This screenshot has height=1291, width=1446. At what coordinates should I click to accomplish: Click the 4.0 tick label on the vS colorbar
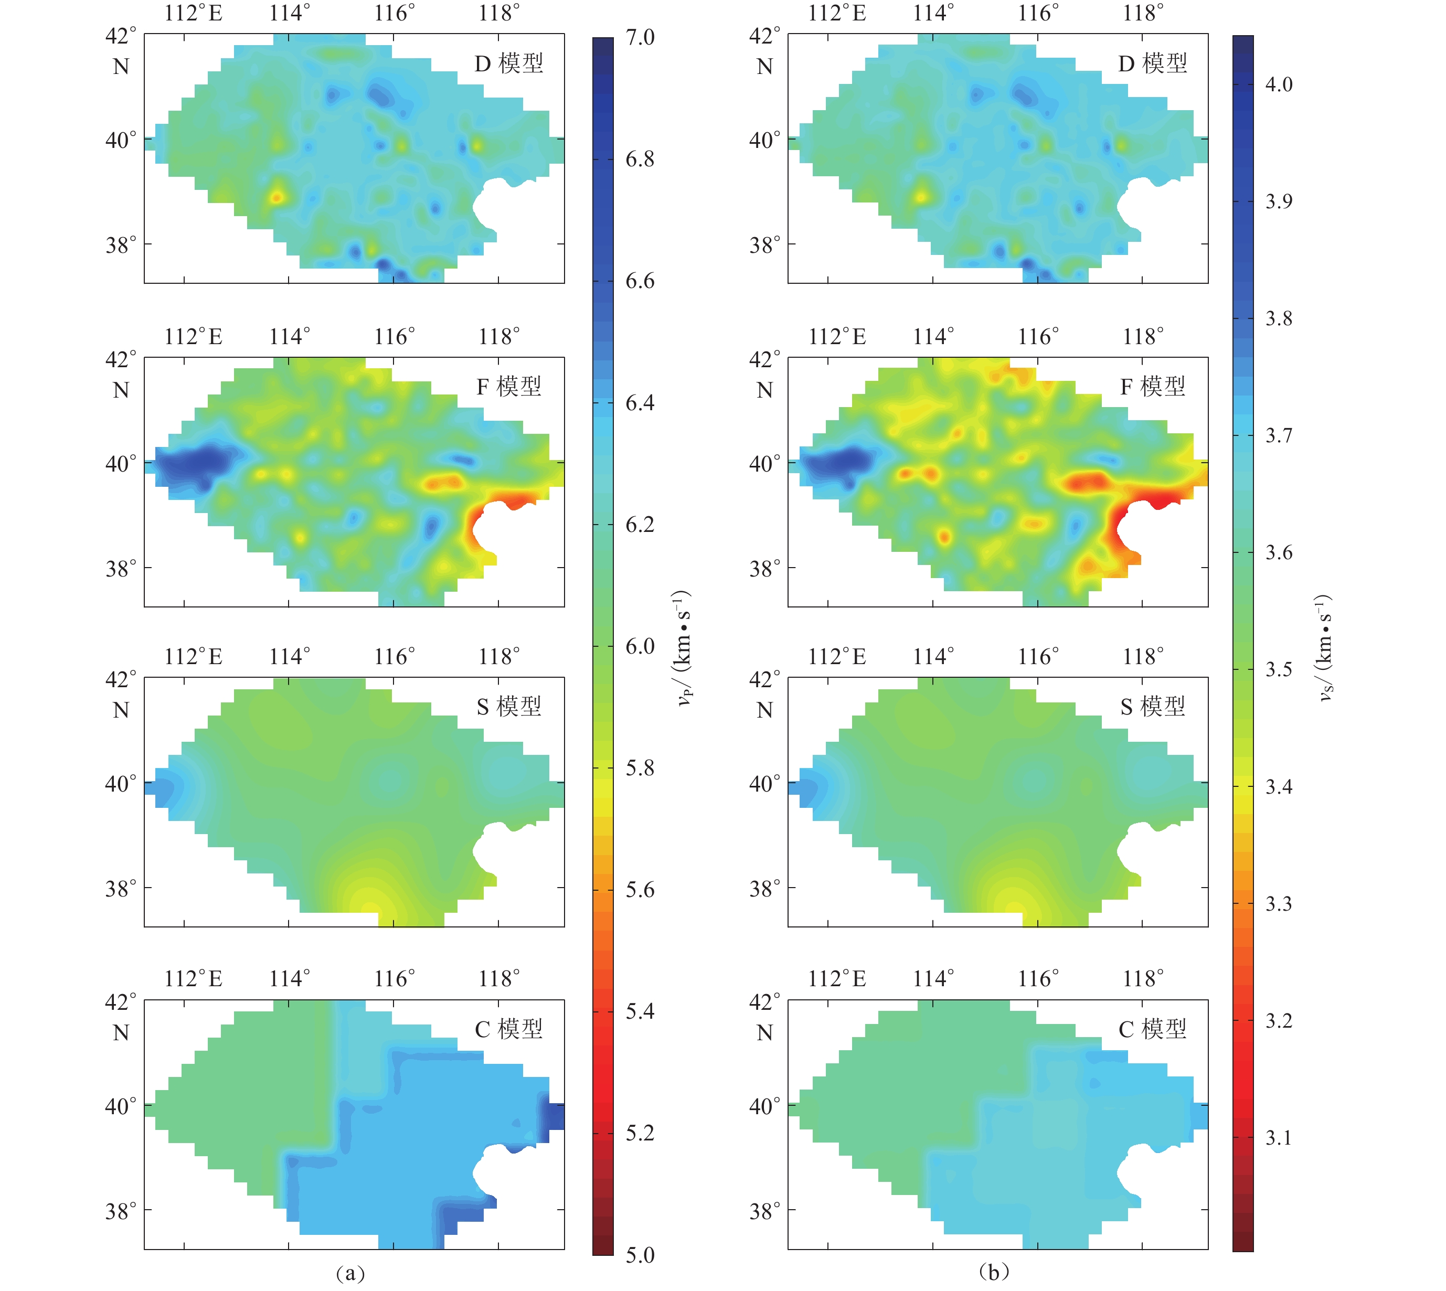point(1279,84)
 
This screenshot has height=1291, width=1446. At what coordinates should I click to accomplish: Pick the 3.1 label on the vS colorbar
point(1279,1137)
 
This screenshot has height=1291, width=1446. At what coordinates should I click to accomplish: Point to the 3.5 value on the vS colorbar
point(1279,669)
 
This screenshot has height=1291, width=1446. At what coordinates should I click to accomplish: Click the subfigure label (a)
point(350,1273)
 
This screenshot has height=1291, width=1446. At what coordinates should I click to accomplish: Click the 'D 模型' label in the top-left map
point(509,64)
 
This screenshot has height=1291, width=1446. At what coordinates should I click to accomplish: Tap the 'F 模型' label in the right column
point(1152,387)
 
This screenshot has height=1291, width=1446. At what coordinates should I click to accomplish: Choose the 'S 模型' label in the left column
point(509,707)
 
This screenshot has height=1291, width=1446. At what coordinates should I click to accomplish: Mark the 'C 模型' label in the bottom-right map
point(1152,1029)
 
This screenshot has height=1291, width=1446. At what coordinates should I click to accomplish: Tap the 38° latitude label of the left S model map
point(121,888)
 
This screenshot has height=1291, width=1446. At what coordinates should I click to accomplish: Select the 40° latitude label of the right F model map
point(764,464)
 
